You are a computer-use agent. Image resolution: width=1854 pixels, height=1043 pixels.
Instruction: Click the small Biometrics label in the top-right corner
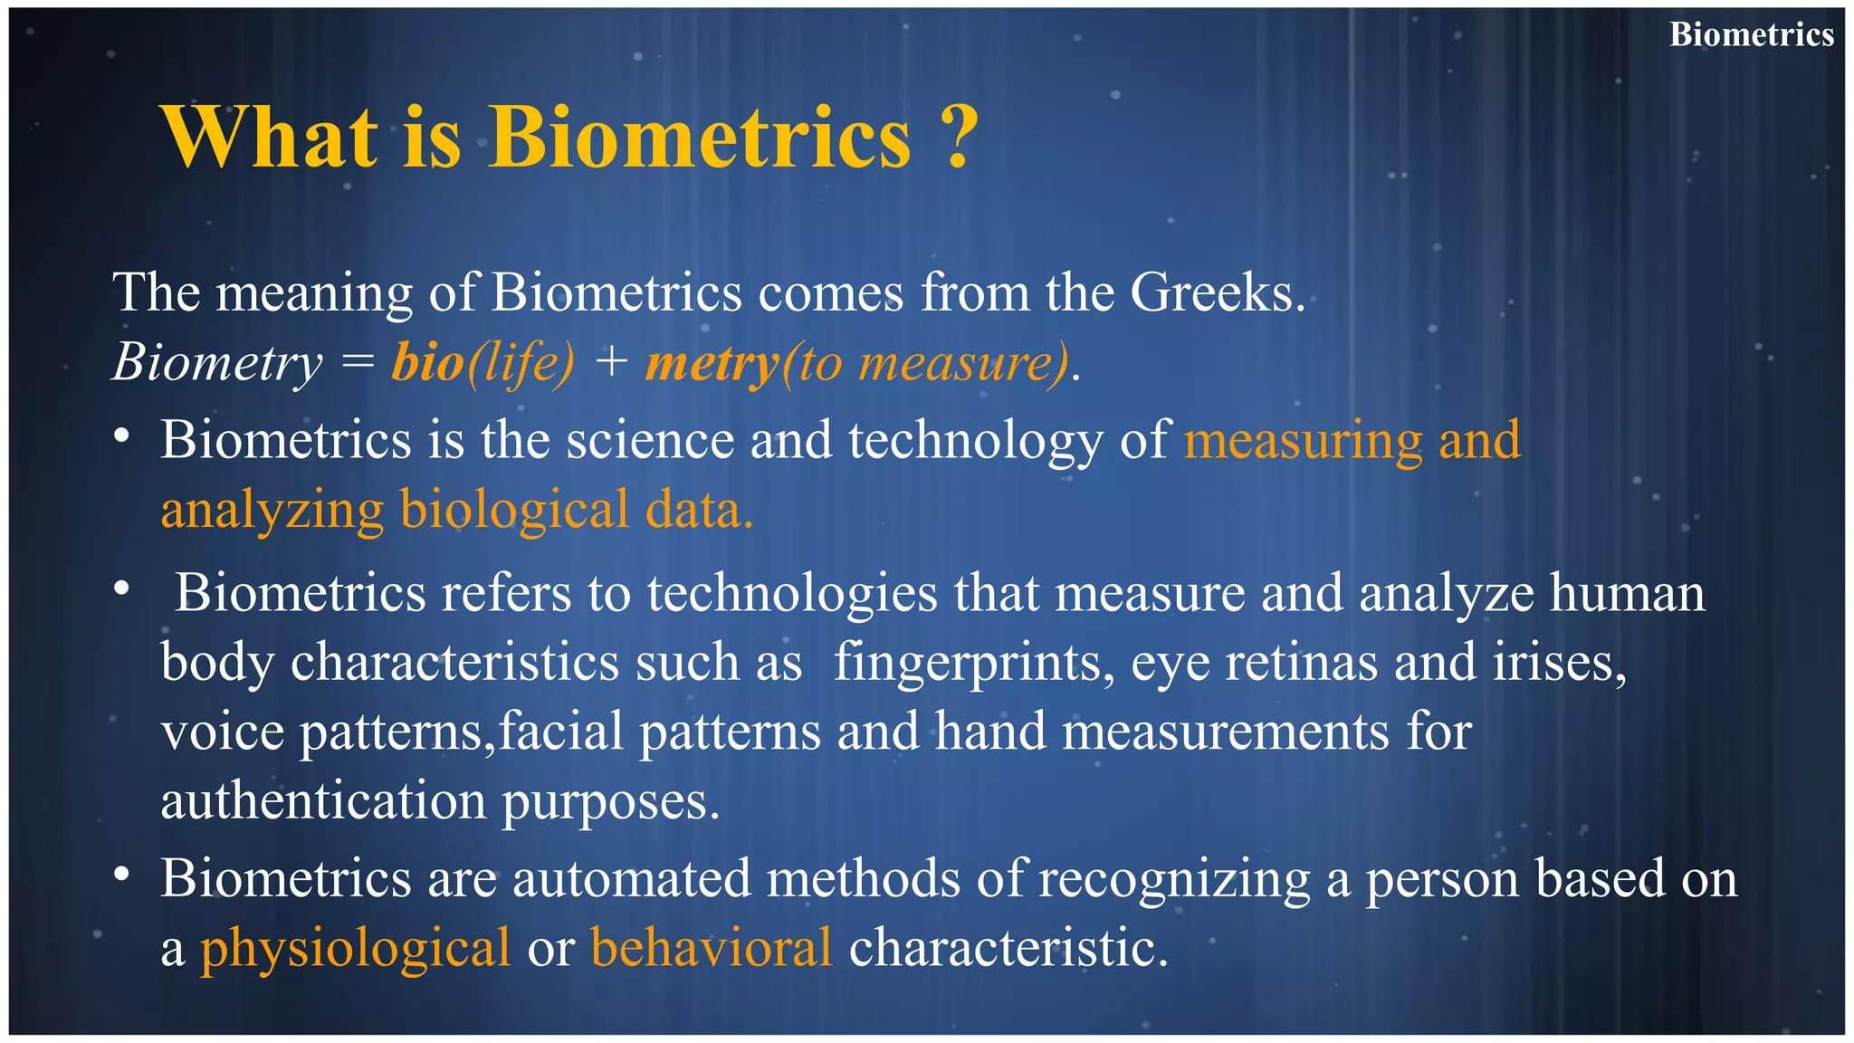(x=1751, y=34)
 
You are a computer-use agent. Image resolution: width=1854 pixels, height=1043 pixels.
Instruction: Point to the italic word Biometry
(x=217, y=362)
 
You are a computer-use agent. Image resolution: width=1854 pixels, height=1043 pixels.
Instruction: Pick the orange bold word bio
(x=428, y=362)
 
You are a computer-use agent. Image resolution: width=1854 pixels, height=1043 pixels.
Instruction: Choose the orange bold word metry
(x=712, y=364)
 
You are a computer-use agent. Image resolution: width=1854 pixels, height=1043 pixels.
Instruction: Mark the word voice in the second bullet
(x=223, y=732)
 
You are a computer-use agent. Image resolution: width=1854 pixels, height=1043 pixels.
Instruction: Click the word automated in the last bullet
(x=631, y=878)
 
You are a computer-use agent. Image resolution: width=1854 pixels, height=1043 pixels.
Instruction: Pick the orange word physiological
(x=355, y=949)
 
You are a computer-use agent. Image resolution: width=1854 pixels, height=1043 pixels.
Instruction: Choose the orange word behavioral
(x=711, y=947)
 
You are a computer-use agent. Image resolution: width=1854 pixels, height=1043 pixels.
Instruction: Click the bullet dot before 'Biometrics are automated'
(x=122, y=876)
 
